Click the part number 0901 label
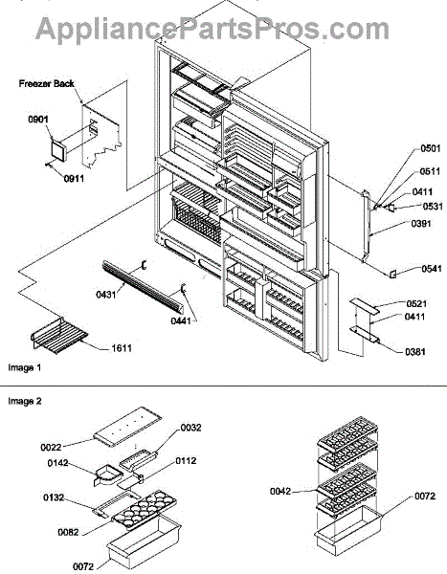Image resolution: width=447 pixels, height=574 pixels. [x=38, y=120]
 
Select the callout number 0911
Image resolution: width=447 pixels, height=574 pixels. [x=74, y=179]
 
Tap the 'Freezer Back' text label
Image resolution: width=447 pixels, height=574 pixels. [x=47, y=84]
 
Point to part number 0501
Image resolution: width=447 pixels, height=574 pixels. [x=431, y=148]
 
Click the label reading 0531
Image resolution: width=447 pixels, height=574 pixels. [x=433, y=207]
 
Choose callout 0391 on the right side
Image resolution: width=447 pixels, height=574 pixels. [x=421, y=224]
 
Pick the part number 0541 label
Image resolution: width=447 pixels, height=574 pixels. [x=432, y=269]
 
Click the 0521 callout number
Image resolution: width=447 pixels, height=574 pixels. [x=416, y=304]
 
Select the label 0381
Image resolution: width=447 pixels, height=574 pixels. [x=415, y=352]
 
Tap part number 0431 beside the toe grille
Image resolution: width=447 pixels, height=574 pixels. [x=106, y=295]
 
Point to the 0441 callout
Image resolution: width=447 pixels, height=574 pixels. [x=181, y=321]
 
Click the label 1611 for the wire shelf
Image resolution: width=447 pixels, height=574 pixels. [x=122, y=348]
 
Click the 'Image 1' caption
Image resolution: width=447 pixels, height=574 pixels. [x=25, y=367]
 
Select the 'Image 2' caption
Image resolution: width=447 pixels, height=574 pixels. [x=25, y=401]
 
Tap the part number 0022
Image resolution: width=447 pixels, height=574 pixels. [x=51, y=448]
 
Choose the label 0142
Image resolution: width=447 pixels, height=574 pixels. [x=57, y=463]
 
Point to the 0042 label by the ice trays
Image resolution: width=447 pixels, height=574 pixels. [x=280, y=492]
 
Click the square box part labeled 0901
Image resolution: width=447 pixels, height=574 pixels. [x=57, y=150]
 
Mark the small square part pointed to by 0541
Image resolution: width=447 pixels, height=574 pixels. [x=392, y=274]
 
